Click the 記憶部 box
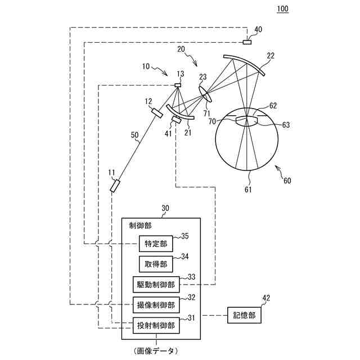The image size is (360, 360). [x=244, y=316]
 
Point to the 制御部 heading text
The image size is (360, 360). [x=140, y=226]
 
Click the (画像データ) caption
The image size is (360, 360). [x=155, y=350]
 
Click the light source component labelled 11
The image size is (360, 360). [x=115, y=185]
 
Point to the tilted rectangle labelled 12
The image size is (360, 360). [x=157, y=112]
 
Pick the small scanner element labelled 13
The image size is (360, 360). [x=178, y=85]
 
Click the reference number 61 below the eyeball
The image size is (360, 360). [x=248, y=190]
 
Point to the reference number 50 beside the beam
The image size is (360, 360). [x=134, y=135]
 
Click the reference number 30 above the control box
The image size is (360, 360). [x=165, y=208]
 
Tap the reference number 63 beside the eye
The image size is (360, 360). [x=286, y=125]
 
